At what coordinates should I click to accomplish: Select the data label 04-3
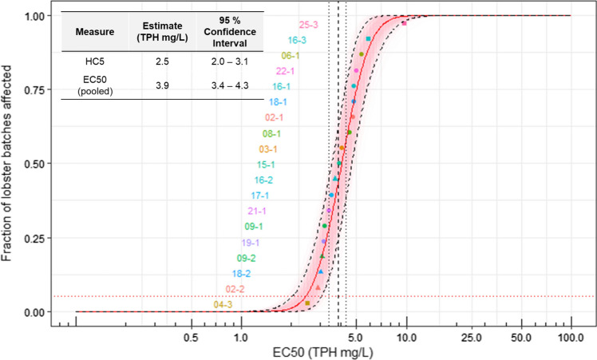point(223,304)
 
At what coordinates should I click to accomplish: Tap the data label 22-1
point(287,71)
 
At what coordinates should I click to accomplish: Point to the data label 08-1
point(273,133)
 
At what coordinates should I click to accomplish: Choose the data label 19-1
point(251,243)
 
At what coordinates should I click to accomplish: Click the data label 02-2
point(235,289)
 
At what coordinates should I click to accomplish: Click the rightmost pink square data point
point(404,23)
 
